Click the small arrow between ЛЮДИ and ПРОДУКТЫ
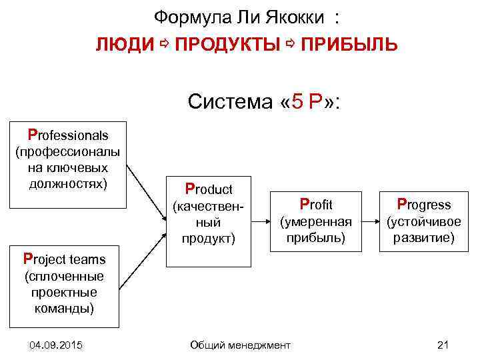coord(165,44)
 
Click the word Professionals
coord(67,135)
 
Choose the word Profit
coord(316,204)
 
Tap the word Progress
coord(424,204)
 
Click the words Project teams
coord(64,259)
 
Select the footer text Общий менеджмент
coord(240,345)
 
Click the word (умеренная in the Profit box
coord(315,222)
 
